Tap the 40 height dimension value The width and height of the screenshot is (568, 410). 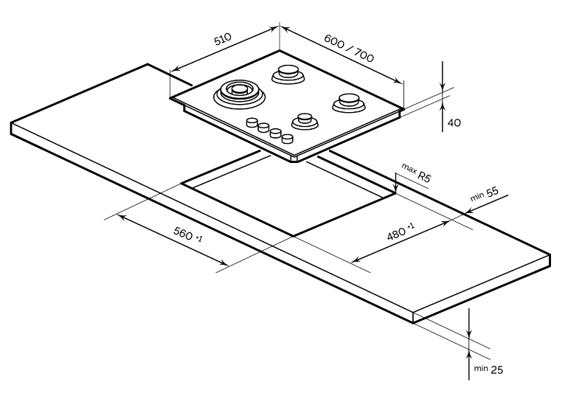click(x=454, y=122)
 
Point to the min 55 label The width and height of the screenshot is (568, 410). click(x=485, y=194)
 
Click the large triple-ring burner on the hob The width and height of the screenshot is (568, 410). click(x=238, y=93)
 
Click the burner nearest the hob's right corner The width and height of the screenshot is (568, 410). click(x=347, y=102)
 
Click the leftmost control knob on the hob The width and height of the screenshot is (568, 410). click(x=252, y=122)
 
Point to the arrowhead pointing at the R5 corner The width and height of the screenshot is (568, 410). click(x=396, y=187)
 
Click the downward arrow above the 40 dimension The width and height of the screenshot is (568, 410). click(x=442, y=84)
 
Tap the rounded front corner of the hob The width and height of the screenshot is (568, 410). click(x=298, y=158)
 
